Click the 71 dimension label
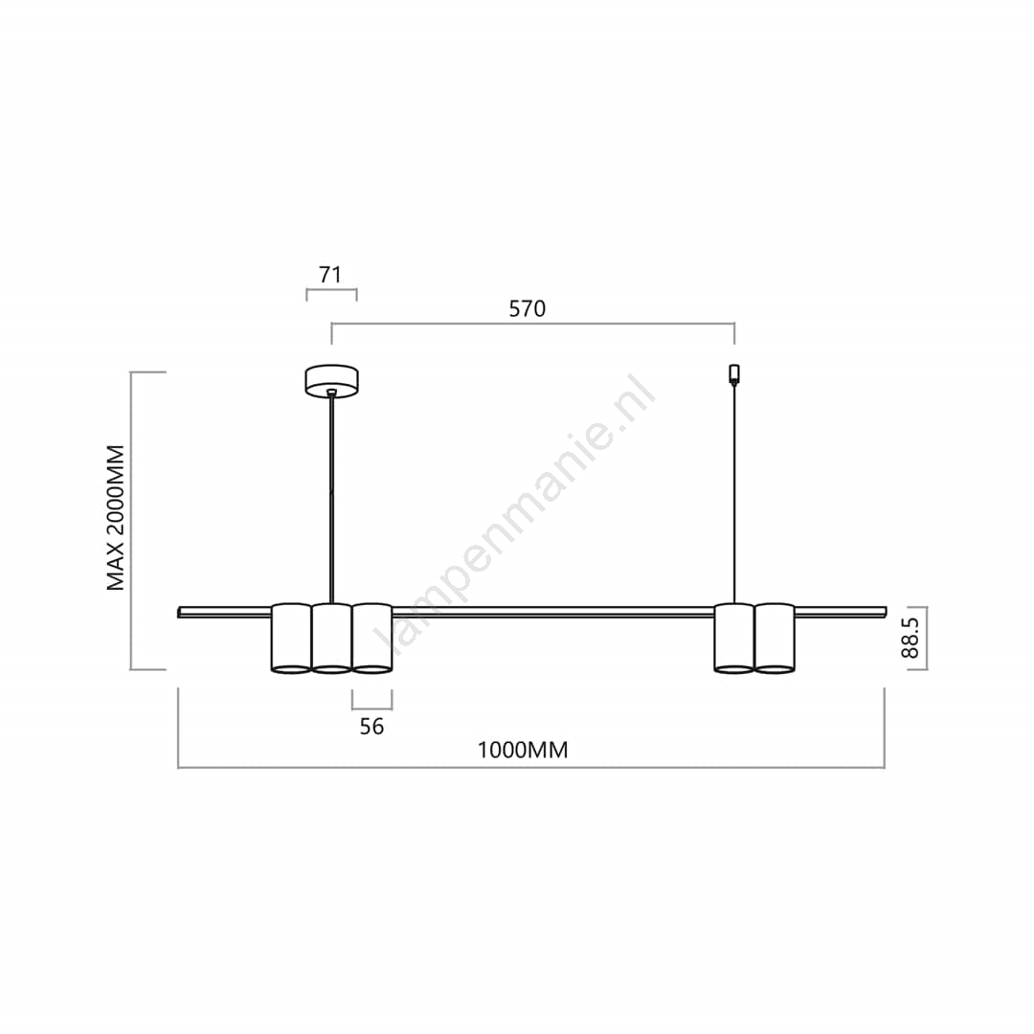330,275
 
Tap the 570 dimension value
527,308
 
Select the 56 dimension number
371,726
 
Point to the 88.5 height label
910,639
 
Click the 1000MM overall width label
523,751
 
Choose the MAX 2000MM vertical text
116,518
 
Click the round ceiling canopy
331,381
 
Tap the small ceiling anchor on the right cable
734,374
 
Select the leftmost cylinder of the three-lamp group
291,639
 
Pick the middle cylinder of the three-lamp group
331,639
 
